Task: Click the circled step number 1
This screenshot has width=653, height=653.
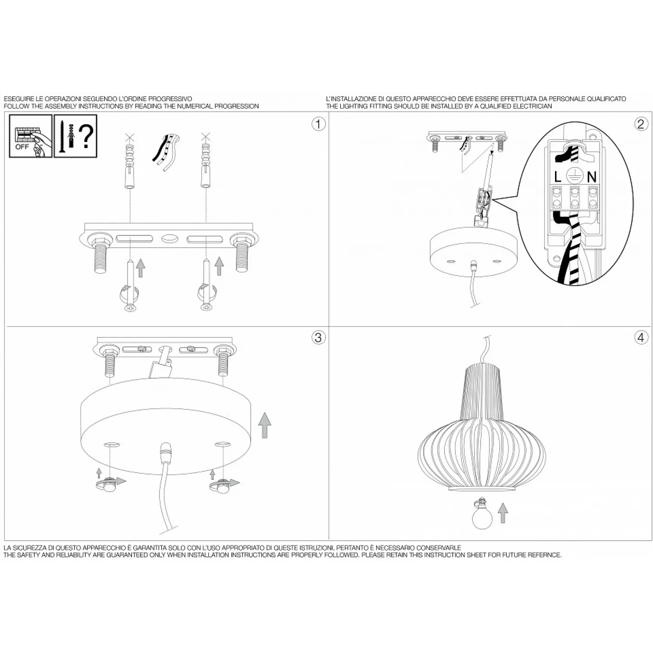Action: tap(318, 124)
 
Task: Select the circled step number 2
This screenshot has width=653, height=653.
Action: tap(640, 124)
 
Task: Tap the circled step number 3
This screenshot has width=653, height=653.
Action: tap(318, 337)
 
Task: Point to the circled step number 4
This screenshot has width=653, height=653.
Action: tap(640, 337)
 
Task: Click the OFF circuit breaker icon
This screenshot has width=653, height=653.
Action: tap(30, 136)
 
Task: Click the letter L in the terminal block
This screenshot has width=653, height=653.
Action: tap(558, 177)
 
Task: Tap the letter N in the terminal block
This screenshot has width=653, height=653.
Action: tap(592, 177)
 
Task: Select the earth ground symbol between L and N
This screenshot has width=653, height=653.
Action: tap(575, 176)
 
